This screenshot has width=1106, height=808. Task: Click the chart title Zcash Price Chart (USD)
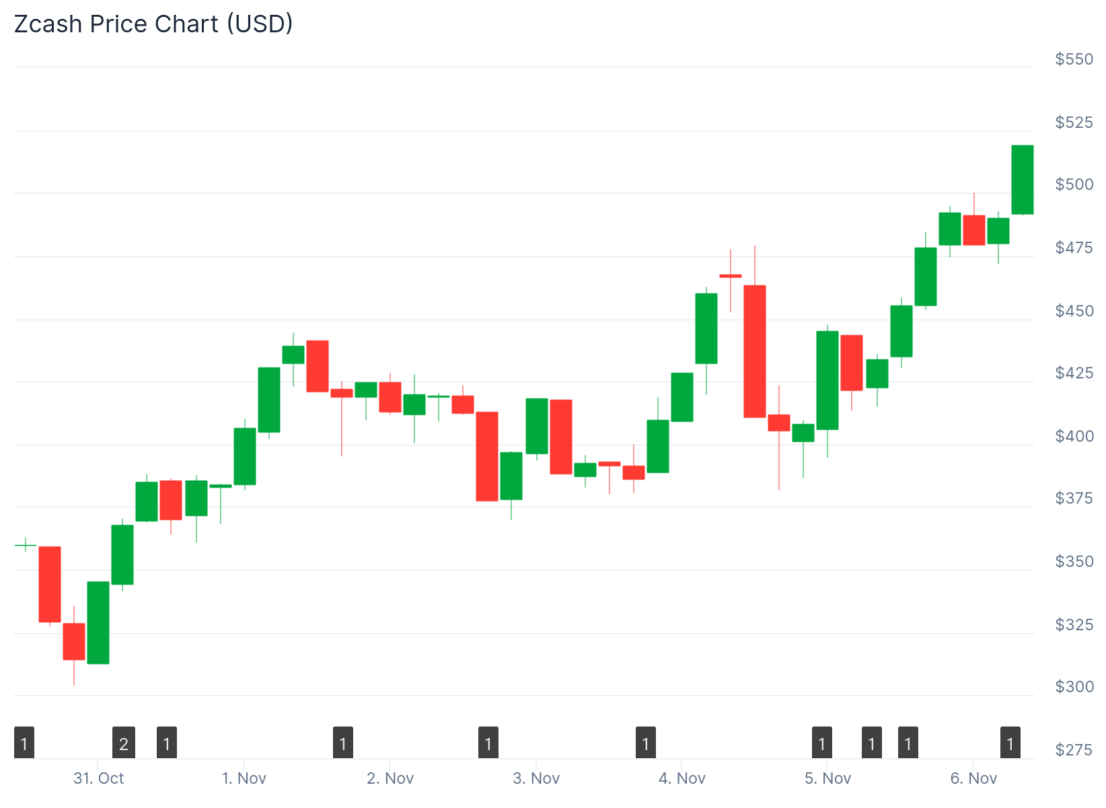pyautogui.click(x=153, y=24)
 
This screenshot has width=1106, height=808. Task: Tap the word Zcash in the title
pyautogui.click(x=48, y=24)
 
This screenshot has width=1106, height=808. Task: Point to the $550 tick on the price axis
pyautogui.click(x=1074, y=59)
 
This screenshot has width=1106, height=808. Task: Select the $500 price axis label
pyautogui.click(x=1074, y=184)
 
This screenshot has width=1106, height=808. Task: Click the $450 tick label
pyautogui.click(x=1074, y=311)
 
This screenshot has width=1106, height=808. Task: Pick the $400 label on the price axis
pyautogui.click(x=1074, y=436)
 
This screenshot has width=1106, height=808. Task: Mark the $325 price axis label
pyautogui.click(x=1074, y=625)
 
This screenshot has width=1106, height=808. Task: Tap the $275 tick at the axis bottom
pyautogui.click(x=1074, y=750)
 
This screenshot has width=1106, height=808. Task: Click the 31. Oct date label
pyautogui.click(x=99, y=778)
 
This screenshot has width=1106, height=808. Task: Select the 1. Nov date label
pyautogui.click(x=244, y=778)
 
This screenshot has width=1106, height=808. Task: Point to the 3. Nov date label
pyautogui.click(x=536, y=778)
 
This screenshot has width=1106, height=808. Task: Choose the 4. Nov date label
pyautogui.click(x=682, y=778)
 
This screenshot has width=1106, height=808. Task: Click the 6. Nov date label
pyautogui.click(x=973, y=778)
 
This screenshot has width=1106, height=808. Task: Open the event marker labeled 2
pyautogui.click(x=124, y=743)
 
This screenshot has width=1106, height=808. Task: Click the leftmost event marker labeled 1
pyautogui.click(x=24, y=743)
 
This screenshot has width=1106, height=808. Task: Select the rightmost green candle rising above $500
pyautogui.click(x=1023, y=180)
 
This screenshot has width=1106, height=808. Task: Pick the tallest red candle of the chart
pyautogui.click(x=755, y=351)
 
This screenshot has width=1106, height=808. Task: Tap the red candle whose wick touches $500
pyautogui.click(x=974, y=230)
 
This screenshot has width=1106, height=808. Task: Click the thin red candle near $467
pyautogui.click(x=731, y=276)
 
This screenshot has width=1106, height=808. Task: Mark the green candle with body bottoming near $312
pyautogui.click(x=98, y=623)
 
